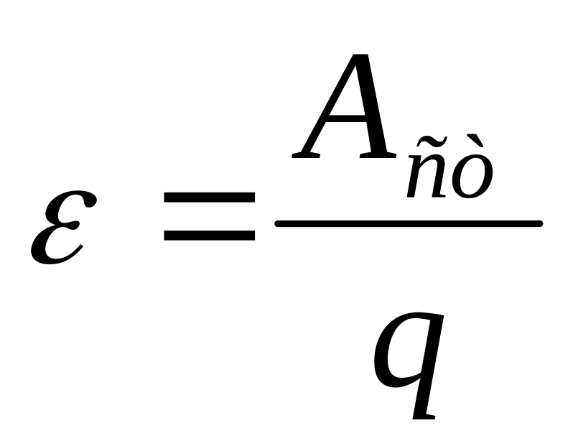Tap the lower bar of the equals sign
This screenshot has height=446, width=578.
(209, 234)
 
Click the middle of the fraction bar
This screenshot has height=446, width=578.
(408, 224)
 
